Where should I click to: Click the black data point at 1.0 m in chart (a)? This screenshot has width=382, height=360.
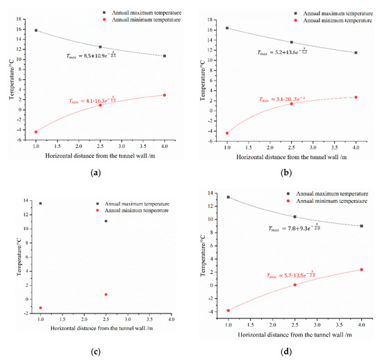click(x=36, y=31)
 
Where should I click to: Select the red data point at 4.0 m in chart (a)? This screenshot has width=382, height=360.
click(x=165, y=95)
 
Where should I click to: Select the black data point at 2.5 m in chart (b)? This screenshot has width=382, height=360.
click(x=291, y=42)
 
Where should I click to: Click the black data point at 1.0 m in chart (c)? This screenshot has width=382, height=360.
click(x=40, y=204)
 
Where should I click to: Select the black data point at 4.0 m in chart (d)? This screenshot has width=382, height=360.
click(x=360, y=226)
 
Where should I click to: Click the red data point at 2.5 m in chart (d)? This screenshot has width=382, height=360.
click(x=294, y=284)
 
